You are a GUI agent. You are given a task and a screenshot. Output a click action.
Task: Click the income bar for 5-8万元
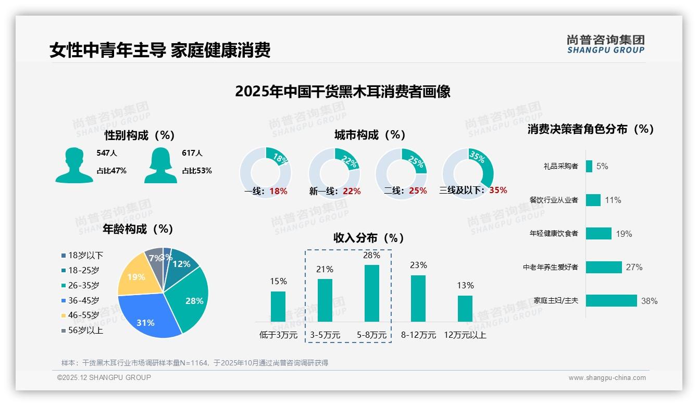[372, 293]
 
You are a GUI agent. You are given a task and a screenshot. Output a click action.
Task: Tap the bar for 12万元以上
[465, 309]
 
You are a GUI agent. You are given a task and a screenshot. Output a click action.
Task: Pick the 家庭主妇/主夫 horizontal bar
[612, 301]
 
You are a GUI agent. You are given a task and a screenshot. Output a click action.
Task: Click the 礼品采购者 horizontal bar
[589, 167]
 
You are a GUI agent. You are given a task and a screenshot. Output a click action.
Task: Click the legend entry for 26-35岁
[83, 285]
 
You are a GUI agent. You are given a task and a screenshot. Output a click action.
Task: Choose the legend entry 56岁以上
[85, 331]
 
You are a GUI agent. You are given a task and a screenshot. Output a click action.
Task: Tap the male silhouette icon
[74, 165]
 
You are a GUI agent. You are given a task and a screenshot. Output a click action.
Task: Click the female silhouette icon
[160, 165]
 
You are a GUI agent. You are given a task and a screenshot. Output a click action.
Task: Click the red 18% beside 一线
[278, 191]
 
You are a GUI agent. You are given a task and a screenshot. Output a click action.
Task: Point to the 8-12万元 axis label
[418, 335]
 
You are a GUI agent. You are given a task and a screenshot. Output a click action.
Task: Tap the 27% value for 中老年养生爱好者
[634, 267]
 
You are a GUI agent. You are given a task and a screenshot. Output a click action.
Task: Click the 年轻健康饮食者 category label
[554, 233]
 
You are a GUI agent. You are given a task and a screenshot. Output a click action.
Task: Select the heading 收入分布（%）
[369, 238]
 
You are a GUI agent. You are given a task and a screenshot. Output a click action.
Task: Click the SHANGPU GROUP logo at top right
[605, 44]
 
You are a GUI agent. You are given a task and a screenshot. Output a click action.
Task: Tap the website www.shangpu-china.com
[607, 377]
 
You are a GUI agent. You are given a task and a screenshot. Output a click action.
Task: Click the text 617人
[192, 153]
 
